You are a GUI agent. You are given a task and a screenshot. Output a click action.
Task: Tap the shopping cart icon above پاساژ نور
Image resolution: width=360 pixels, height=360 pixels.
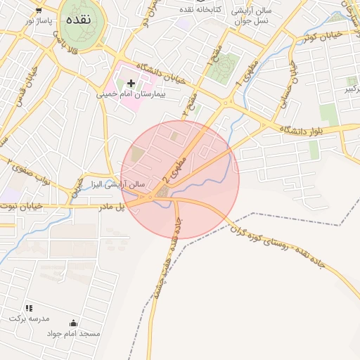[x=38, y=11]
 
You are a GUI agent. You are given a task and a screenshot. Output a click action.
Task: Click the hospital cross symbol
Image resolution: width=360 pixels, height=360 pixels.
[x=131, y=83]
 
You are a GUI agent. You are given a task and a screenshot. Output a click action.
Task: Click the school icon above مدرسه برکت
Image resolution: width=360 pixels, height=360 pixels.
[x=30, y=308]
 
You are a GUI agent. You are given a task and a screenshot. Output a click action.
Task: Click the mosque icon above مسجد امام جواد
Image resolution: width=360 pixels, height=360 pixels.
[x=73, y=323]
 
